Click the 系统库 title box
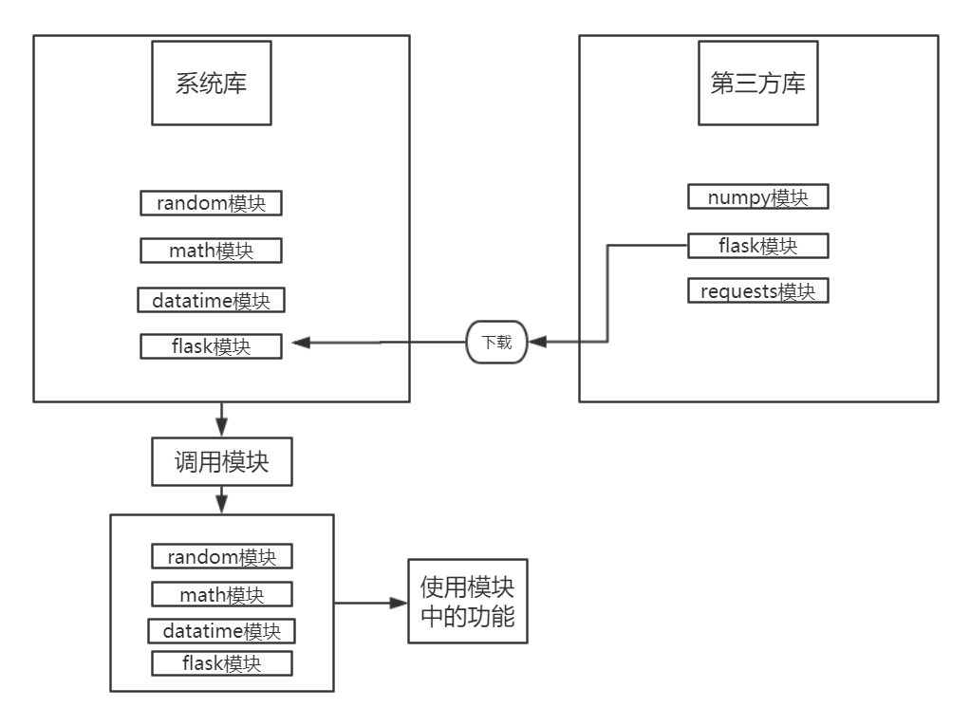click(211, 83)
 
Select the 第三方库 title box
click(757, 83)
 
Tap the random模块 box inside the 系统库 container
click(211, 202)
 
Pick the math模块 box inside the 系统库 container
click(211, 251)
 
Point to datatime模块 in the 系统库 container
click(211, 301)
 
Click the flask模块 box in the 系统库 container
click(211, 346)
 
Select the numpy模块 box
click(758, 197)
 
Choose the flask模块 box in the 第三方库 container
click(758, 246)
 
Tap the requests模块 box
click(758, 290)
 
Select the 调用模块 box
click(221, 462)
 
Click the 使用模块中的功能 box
click(467, 601)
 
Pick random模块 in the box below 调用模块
click(221, 556)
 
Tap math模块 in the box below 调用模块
click(221, 595)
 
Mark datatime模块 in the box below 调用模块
click(221, 631)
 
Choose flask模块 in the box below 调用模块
click(221, 662)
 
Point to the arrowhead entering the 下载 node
click(536, 343)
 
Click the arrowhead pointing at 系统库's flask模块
click(295, 343)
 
